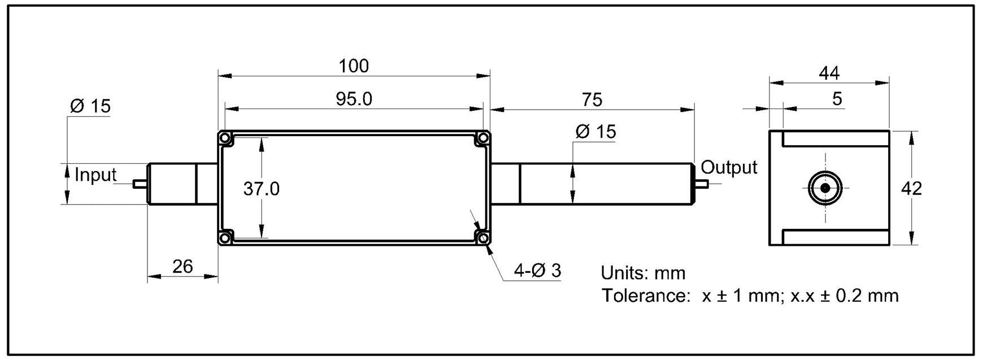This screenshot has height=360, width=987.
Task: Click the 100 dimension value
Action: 354,66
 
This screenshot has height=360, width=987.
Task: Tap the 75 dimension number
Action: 592,100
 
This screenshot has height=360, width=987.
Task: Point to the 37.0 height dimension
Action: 261,189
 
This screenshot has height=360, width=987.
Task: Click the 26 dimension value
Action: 182,266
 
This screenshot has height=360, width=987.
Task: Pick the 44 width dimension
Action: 829,73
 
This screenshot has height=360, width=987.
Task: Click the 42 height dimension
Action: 911,188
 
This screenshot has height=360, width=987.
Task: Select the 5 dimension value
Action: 837,99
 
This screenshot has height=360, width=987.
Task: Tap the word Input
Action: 95,175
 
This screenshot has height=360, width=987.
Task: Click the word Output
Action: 729,167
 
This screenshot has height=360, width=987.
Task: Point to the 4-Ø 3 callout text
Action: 537,271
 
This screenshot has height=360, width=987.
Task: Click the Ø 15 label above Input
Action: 90,106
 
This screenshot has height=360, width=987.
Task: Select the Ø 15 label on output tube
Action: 595,132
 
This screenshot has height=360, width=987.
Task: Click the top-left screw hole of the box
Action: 225,138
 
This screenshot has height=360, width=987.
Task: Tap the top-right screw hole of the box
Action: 483,138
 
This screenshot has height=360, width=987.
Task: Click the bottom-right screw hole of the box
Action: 483,238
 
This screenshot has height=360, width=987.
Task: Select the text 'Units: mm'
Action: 642,273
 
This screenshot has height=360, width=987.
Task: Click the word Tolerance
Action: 643,295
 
